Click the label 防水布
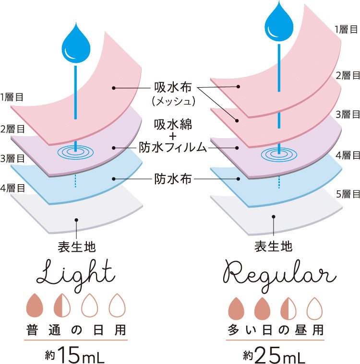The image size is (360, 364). [x=173, y=179]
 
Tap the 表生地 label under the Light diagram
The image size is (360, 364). [x=77, y=247]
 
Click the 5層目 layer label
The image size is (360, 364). [x=348, y=194]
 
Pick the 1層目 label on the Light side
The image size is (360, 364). [x=12, y=97]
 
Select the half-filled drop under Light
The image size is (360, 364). [x=62, y=304]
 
